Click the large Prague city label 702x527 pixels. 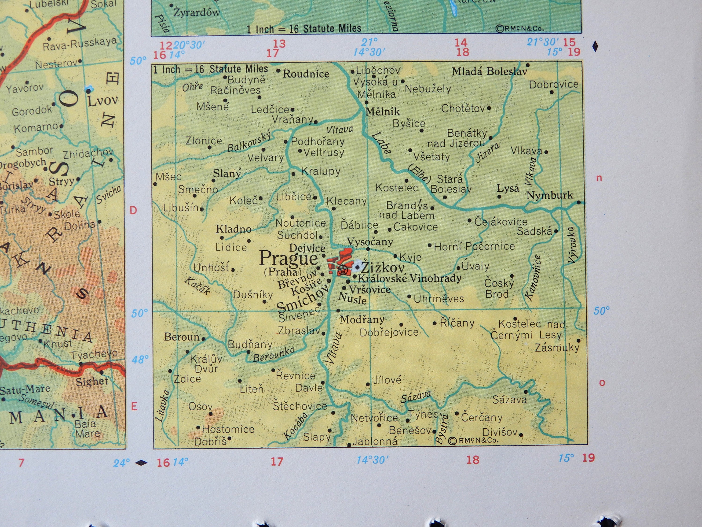click(x=288, y=259)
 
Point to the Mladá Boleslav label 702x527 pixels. click(x=489, y=71)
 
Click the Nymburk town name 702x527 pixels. click(x=550, y=195)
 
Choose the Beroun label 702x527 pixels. click(x=182, y=337)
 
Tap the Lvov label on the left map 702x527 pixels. click(x=102, y=101)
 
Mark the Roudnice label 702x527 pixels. click(x=306, y=74)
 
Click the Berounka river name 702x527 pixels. click(x=274, y=355)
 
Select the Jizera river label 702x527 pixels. click(x=488, y=152)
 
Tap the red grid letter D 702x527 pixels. click(x=134, y=210)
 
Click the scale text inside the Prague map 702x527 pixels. click(x=210, y=69)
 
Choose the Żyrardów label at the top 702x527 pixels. click(x=197, y=13)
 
